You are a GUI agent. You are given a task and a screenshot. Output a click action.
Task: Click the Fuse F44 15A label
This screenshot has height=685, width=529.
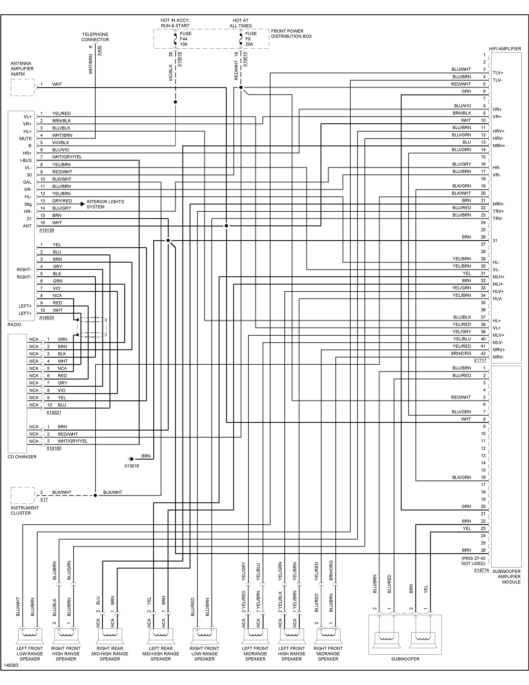click(185, 39)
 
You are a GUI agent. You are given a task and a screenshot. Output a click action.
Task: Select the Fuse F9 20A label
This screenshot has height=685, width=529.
click(251, 39)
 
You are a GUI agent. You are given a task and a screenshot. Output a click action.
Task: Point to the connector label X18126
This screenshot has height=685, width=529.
click(46, 230)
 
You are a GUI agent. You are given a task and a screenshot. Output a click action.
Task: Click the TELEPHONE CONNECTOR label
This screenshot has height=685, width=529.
click(95, 37)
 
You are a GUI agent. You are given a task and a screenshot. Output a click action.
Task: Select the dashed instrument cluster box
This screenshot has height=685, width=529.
click(23, 495)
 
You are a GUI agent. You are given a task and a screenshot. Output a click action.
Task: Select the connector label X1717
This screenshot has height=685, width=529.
click(480, 360)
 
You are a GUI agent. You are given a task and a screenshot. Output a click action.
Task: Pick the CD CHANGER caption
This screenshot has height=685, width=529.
click(22, 457)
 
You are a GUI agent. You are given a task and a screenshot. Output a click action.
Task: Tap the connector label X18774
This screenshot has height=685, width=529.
click(481, 570)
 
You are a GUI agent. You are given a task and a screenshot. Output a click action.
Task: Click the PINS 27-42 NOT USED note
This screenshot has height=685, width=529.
click(473, 561)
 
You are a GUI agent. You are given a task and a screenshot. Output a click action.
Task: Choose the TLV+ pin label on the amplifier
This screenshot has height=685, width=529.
click(498, 73)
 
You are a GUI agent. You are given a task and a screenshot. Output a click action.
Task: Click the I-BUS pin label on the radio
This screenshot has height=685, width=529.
click(26, 160)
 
